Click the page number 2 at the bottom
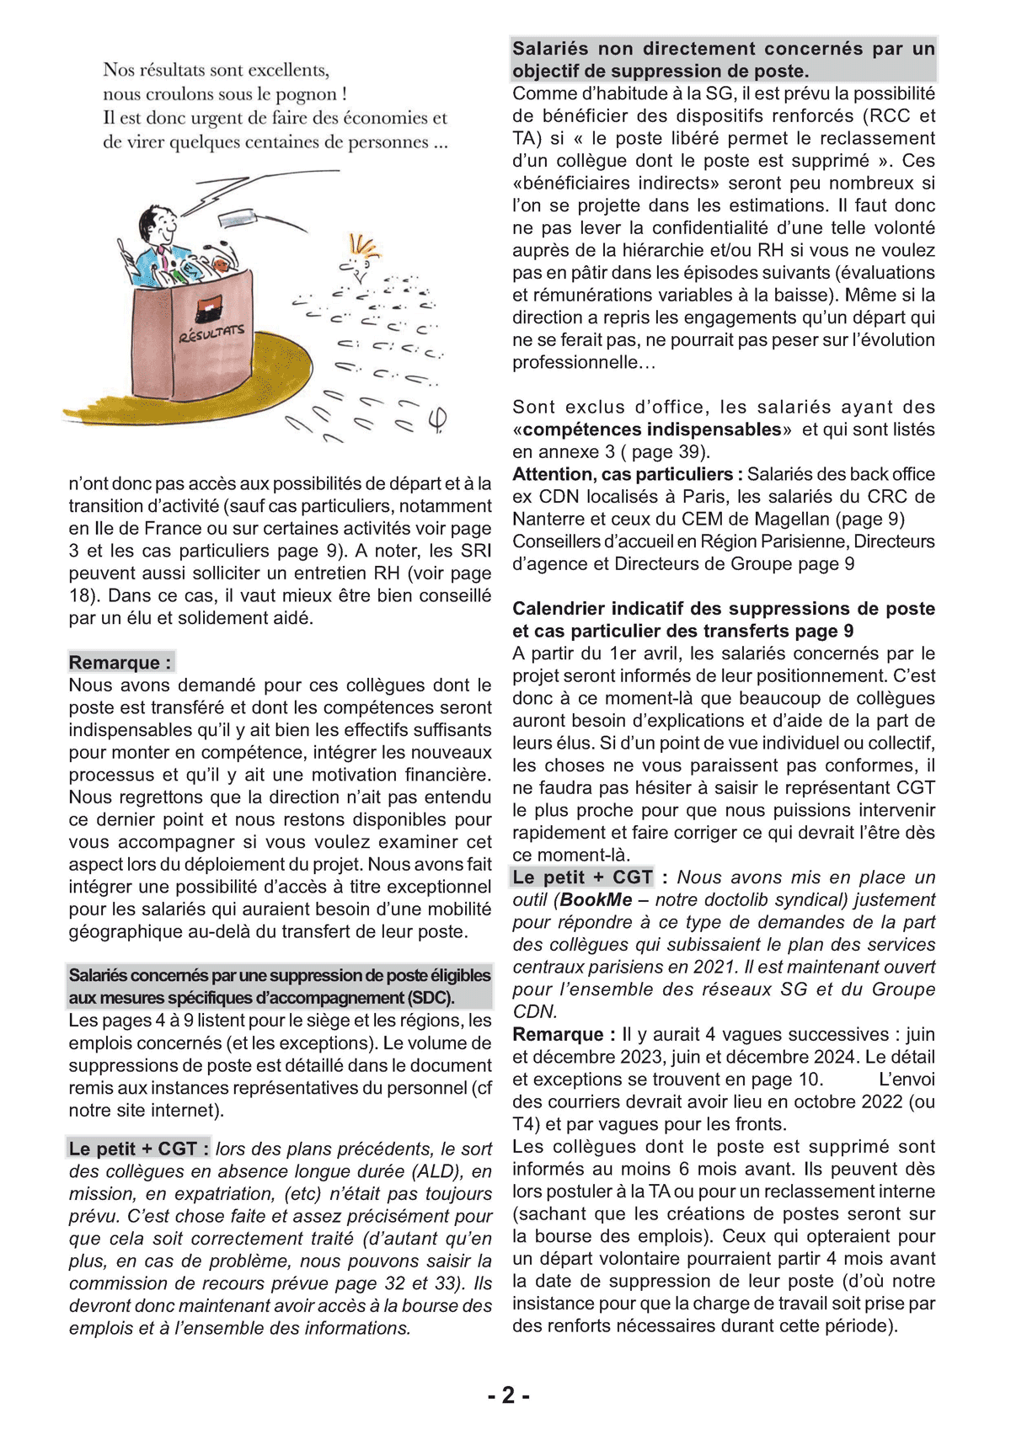508,1395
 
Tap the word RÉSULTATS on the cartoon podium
211,333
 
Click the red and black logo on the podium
209,308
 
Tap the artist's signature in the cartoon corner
437,419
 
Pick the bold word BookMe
596,899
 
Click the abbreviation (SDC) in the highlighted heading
431,998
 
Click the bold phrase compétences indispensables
652,429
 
